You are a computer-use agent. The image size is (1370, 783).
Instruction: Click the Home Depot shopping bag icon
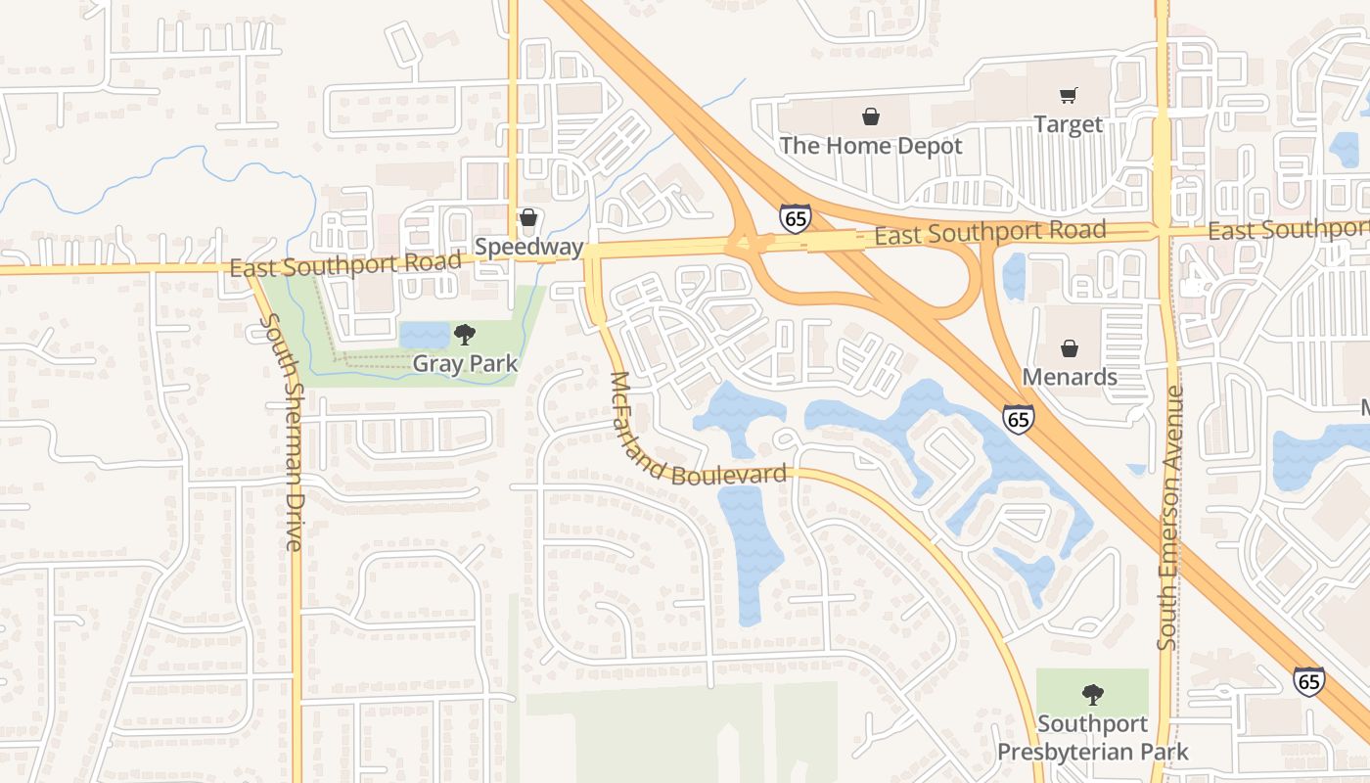pos(870,117)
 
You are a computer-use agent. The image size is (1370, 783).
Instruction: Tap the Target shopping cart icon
pos(1068,96)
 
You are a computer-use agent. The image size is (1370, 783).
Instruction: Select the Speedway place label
pos(528,247)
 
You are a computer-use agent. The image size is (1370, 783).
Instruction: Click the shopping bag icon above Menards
pos(1070,348)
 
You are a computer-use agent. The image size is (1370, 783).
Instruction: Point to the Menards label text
pos(1070,377)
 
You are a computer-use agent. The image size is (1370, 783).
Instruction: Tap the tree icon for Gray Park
pos(464,335)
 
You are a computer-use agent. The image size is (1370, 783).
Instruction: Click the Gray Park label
pos(464,363)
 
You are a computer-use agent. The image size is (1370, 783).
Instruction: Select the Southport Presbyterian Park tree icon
pos(1092,695)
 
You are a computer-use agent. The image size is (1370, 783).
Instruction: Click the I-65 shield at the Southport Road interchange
pos(795,217)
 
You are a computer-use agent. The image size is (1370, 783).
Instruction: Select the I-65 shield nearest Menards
pos(1018,420)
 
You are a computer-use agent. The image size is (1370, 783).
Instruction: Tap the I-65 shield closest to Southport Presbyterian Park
pos(1308,681)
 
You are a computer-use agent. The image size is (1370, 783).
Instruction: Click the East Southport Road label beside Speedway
pos(344,264)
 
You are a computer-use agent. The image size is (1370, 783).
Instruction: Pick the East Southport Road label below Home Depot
pos(989,233)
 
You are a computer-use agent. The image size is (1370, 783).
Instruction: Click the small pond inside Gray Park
pos(424,335)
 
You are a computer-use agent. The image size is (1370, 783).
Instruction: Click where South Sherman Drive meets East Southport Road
pos(252,271)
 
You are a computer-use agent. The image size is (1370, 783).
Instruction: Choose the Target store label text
pos(1068,124)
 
